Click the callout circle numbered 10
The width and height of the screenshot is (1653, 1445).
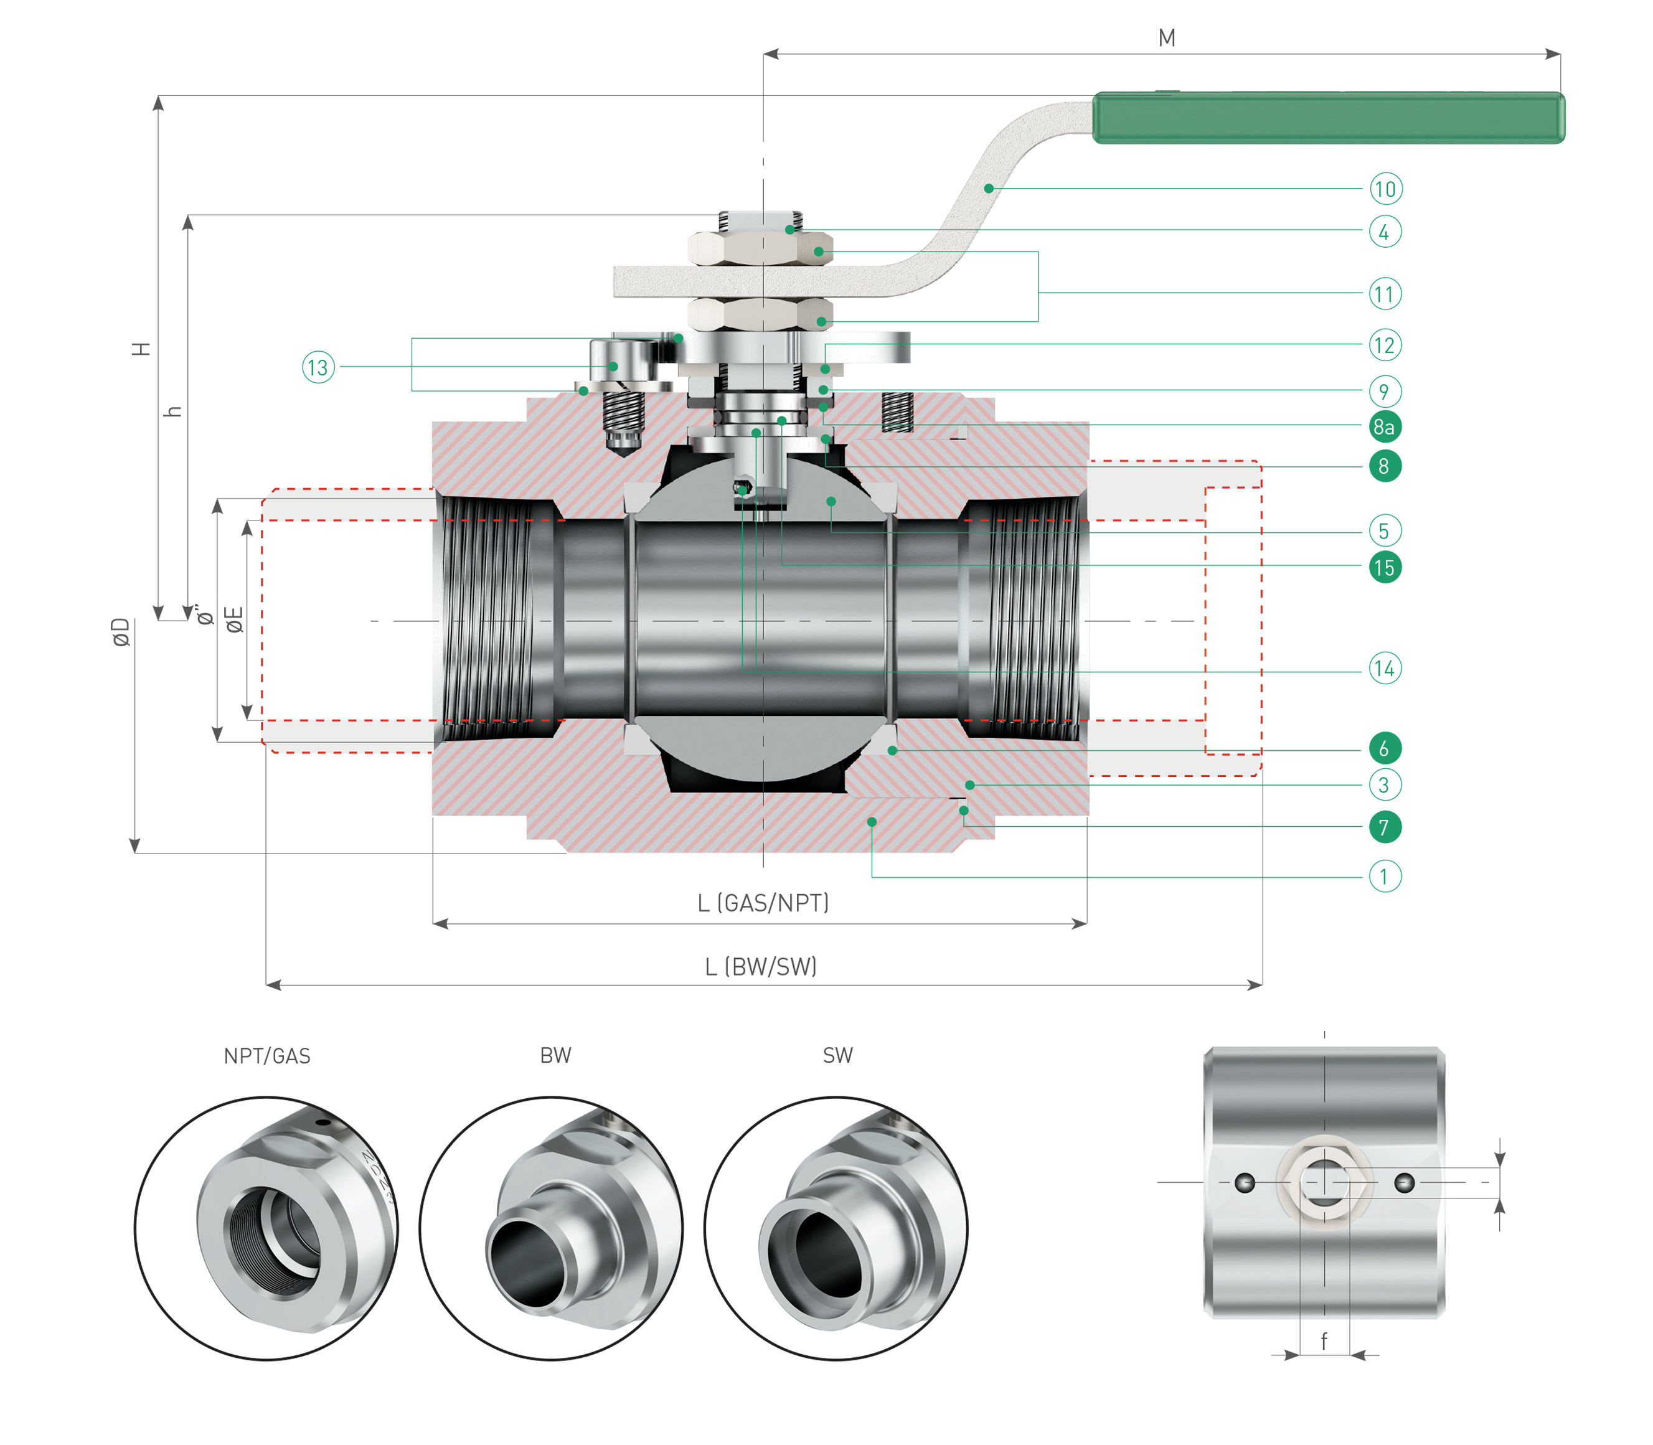(1385, 189)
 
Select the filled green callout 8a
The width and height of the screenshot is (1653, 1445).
(1385, 426)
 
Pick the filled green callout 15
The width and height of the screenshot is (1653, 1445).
(1385, 567)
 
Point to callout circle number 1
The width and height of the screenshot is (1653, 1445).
(1385, 876)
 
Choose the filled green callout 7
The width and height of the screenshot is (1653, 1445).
(1385, 827)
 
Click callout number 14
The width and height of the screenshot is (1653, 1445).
(1385, 669)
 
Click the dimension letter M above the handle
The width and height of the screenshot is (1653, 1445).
(1166, 38)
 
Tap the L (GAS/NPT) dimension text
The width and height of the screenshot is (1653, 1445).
(763, 903)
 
